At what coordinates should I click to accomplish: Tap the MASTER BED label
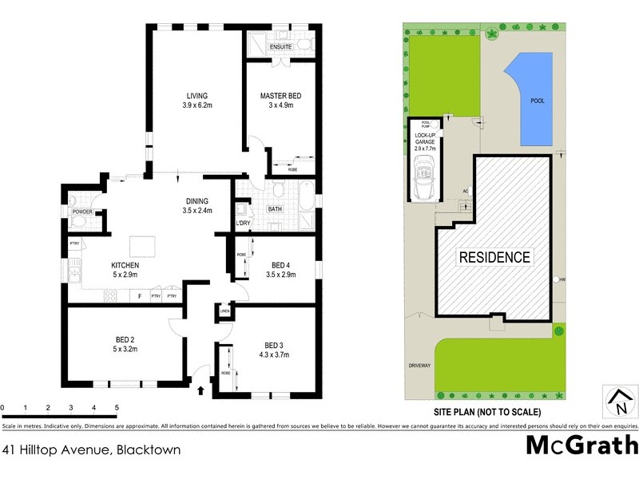coord(280,96)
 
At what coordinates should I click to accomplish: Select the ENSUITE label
coord(280,47)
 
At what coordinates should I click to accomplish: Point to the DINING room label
coord(196,201)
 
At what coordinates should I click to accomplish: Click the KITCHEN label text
coord(125,265)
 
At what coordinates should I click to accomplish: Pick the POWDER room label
coord(83,212)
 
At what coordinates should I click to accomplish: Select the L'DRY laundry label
coord(244,223)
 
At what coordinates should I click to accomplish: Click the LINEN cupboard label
coord(225,311)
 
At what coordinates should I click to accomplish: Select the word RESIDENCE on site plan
coord(494,257)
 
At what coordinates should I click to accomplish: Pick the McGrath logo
coord(581,445)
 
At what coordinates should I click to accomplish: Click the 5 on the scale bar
coord(117,408)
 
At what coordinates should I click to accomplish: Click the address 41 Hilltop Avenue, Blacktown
coord(91,449)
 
